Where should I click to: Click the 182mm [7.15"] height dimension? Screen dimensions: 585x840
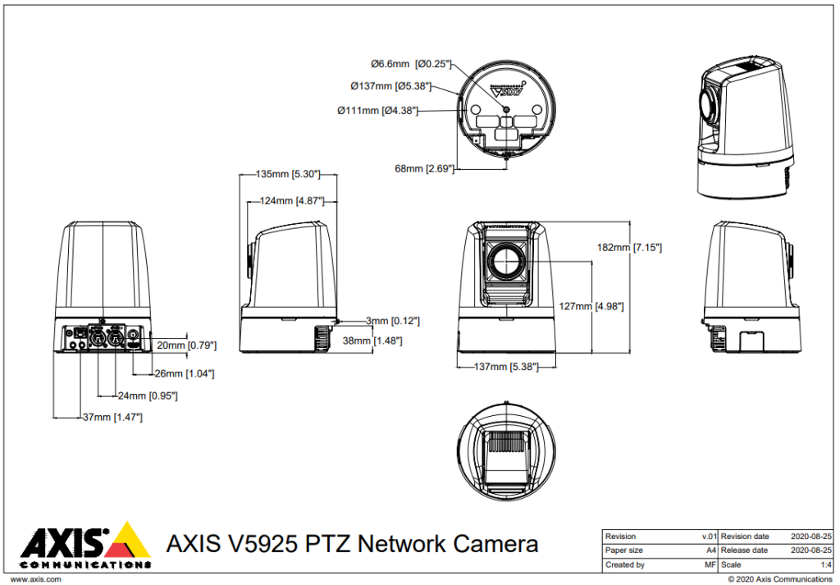(x=630, y=247)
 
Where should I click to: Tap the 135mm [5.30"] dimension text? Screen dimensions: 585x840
(x=288, y=174)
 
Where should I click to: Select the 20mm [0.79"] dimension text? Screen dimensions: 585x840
(x=185, y=345)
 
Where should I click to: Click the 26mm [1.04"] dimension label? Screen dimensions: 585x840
(x=185, y=373)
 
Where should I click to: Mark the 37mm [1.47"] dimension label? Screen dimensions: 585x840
(x=112, y=417)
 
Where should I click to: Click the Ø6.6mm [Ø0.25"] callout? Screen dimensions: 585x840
(x=410, y=63)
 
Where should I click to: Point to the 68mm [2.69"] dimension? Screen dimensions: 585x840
(x=424, y=168)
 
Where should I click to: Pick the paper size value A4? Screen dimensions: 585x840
(x=710, y=551)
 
